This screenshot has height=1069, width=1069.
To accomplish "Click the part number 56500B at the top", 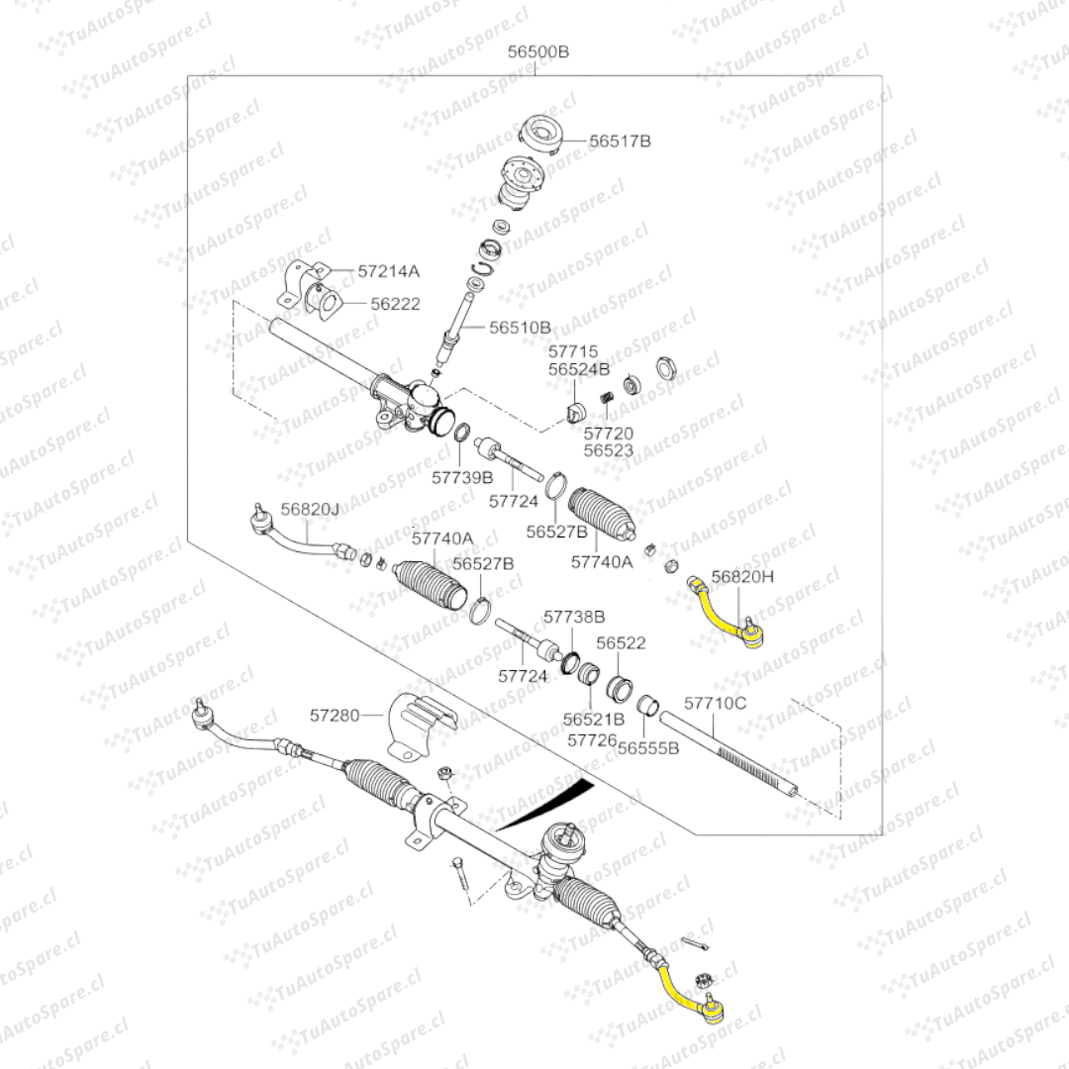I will (x=538, y=51).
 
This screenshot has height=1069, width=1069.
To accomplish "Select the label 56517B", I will (x=620, y=142).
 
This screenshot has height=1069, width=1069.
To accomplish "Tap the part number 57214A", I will (x=389, y=270).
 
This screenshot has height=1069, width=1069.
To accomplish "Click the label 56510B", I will (x=520, y=328).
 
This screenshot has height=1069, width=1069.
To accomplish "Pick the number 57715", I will (x=574, y=351).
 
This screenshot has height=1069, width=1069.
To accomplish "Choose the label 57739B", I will (x=462, y=477).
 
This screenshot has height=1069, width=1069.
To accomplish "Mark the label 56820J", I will (x=309, y=509).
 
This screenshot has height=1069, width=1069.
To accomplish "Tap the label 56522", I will (x=621, y=642).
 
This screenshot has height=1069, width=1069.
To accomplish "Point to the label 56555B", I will (x=648, y=748).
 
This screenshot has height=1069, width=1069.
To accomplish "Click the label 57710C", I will (x=716, y=703).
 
